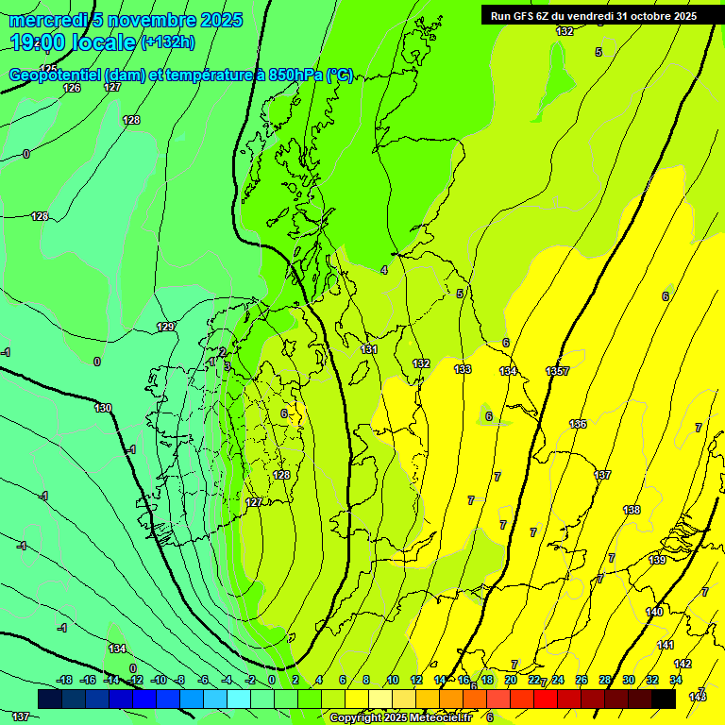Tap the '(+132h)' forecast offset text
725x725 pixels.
168,42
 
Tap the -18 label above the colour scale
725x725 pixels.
64,680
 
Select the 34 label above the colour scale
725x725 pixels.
676,680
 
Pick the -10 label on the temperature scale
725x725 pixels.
159,680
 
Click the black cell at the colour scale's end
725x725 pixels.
664,699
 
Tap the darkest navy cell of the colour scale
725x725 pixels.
50,699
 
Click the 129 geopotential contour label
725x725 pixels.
165,327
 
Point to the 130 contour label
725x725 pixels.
103,408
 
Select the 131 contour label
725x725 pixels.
369,349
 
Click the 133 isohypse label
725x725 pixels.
463,369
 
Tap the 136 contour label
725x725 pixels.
578,424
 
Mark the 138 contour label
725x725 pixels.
632,510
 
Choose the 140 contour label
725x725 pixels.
654,612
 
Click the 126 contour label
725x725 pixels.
72,88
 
